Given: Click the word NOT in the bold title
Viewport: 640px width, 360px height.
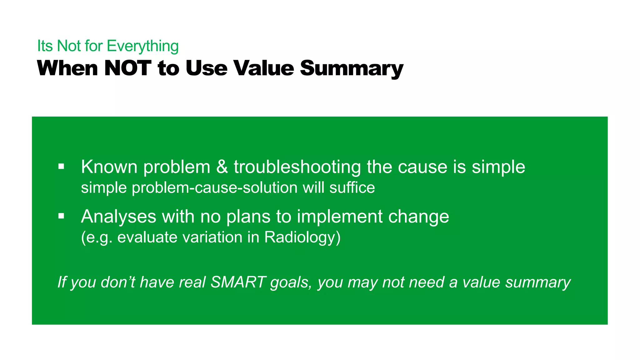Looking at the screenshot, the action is pos(128,68).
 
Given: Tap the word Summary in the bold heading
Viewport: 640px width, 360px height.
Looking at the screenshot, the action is pos(352,68).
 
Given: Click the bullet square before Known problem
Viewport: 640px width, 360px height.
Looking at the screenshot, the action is pos(61,166).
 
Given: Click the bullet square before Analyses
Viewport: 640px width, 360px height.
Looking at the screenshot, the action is pos(61,216).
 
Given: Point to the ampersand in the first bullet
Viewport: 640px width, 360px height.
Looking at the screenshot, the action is pos(222,167).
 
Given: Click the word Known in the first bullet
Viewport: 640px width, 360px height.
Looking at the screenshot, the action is pos(109,167).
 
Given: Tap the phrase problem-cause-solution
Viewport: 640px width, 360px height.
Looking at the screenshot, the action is pos(214,188).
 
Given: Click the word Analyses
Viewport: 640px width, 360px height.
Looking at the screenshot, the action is pos(118,216).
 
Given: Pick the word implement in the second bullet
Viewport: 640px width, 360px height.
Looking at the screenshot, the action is pos(339,216).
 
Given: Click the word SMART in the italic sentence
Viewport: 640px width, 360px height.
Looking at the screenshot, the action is pos(238,282).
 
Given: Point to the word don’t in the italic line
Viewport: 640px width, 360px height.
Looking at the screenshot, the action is pos(118,282).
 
